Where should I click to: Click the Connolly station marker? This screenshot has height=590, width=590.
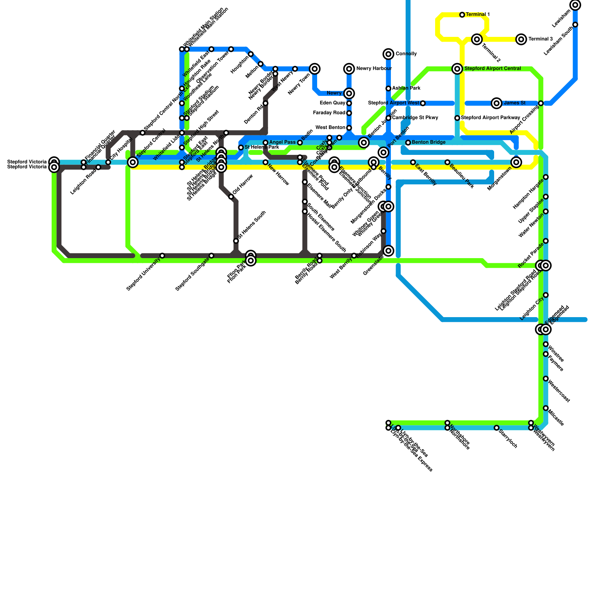(388, 54)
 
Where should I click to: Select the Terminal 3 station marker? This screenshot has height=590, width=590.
(521, 39)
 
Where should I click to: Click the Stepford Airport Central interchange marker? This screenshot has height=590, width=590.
(457, 69)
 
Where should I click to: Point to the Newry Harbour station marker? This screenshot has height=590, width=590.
(349, 69)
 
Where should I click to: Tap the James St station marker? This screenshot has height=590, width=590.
(497, 103)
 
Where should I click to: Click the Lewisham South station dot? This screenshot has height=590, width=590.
(575, 25)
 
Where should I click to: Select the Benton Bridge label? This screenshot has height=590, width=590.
(428, 142)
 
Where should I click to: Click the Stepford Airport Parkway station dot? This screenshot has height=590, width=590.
(457, 118)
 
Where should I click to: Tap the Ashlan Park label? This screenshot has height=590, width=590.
(406, 88)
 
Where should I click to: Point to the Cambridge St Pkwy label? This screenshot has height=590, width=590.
(415, 118)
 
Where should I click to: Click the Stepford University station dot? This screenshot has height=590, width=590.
(162, 256)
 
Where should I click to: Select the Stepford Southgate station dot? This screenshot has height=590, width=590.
(211, 256)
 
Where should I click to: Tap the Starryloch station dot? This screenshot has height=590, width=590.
(497, 428)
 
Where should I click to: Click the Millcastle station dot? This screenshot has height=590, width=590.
(546, 408)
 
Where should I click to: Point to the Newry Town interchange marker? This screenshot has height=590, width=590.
(315, 69)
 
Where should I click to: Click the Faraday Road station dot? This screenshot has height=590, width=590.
(349, 113)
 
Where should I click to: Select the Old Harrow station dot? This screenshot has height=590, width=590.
(231, 197)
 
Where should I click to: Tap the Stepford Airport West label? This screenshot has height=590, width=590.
(393, 103)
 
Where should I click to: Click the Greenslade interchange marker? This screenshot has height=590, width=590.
(388, 251)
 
